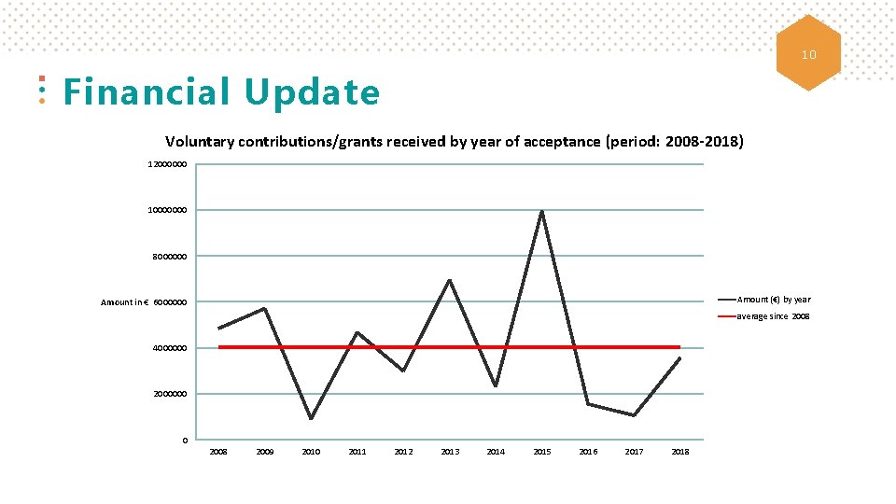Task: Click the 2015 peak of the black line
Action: [541, 211]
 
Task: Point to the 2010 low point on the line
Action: [311, 418]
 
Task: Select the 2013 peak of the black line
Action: [449, 280]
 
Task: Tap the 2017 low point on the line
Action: [634, 415]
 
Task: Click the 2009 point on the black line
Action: [265, 308]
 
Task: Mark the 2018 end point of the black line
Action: [679, 358]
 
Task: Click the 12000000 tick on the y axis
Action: [168, 164]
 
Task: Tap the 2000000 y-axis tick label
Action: [171, 395]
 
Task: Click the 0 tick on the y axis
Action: [185, 441]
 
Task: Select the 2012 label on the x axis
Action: [403, 452]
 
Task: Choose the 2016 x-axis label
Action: [588, 452]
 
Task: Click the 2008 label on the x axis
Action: [218, 452]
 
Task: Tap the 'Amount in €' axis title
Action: [125, 302]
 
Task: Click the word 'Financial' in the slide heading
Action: [146, 93]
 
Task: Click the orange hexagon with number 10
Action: [808, 53]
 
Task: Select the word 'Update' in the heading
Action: [313, 93]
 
